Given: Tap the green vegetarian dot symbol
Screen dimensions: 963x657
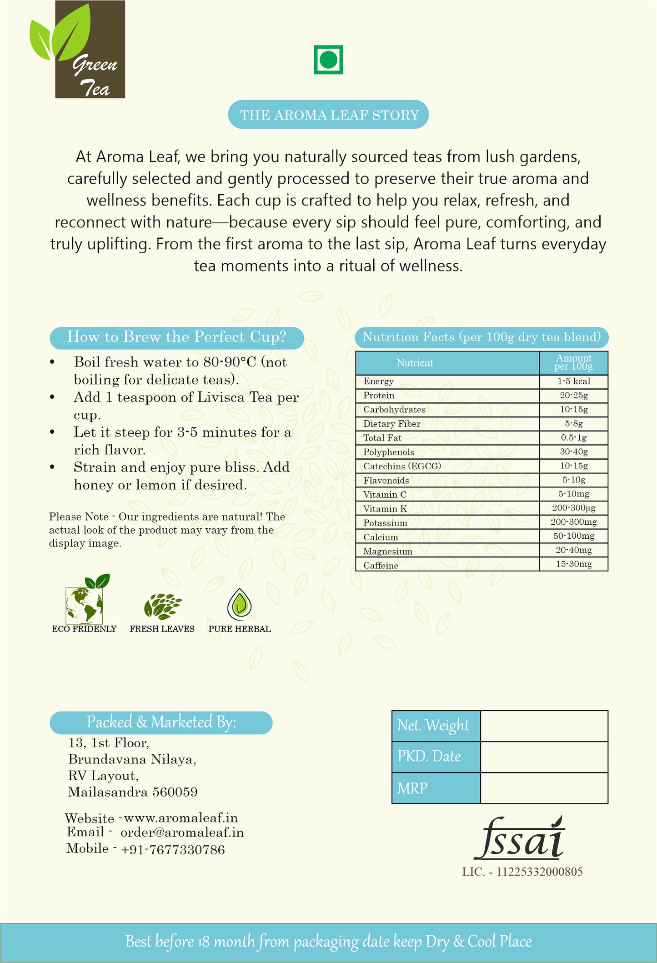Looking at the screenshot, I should pos(328,60).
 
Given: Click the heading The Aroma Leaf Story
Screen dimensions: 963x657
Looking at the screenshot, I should pos(329,115).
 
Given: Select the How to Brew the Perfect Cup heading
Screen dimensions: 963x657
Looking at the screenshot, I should pos(177,337).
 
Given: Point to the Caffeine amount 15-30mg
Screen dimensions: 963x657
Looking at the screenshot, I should pos(574,564).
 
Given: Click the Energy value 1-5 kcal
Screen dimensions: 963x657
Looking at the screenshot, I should pos(574,381).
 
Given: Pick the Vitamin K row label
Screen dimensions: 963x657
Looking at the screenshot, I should pos(385,509).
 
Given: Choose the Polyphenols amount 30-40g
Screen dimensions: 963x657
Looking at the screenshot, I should pos(574,451).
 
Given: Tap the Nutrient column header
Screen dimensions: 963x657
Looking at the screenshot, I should pos(415,363).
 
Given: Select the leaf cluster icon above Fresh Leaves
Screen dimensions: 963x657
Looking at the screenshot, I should pos(162,606).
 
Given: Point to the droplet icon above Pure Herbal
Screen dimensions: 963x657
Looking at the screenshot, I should pos(239,604).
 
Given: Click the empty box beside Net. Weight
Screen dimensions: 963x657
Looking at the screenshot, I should pos(544,726).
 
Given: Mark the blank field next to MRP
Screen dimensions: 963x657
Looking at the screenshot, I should pos(544,788).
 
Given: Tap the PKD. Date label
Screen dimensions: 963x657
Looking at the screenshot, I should pos(429,757).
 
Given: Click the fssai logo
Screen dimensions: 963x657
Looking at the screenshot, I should pos(519,839).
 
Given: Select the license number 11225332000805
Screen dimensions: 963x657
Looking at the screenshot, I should pos(539,872).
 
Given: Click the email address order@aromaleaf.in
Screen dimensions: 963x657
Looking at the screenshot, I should pos(182,833).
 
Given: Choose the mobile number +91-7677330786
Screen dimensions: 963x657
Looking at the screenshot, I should pos(173,849).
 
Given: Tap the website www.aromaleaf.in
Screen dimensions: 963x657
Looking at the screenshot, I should pos(181,818).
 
